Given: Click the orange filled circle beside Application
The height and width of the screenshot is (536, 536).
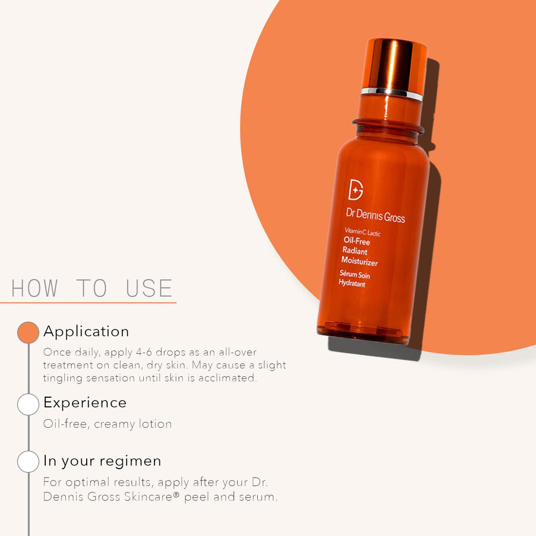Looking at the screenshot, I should click(x=28, y=332).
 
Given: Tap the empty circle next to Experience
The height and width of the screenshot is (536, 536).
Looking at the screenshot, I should click(x=28, y=404).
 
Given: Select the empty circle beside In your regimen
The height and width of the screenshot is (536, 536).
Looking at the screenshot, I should click(x=28, y=461).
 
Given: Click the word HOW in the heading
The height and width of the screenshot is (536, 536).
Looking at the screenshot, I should click(x=35, y=288).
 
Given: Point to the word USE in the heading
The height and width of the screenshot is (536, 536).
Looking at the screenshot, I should click(x=149, y=288).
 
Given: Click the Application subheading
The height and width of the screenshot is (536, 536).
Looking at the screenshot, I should click(x=86, y=332).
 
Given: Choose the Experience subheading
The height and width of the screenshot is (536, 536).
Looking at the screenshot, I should click(x=85, y=403).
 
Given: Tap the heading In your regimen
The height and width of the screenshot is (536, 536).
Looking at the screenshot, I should click(x=102, y=461).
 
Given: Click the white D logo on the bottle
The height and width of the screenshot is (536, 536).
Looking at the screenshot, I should click(x=356, y=190).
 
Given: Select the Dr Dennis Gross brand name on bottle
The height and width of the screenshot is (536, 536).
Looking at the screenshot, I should click(x=375, y=215).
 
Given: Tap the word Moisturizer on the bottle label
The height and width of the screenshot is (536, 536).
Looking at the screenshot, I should click(x=360, y=262).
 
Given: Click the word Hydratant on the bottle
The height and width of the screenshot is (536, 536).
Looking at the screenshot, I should click(x=352, y=283).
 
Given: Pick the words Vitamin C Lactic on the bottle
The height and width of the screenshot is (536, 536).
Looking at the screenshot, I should click(x=363, y=232).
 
